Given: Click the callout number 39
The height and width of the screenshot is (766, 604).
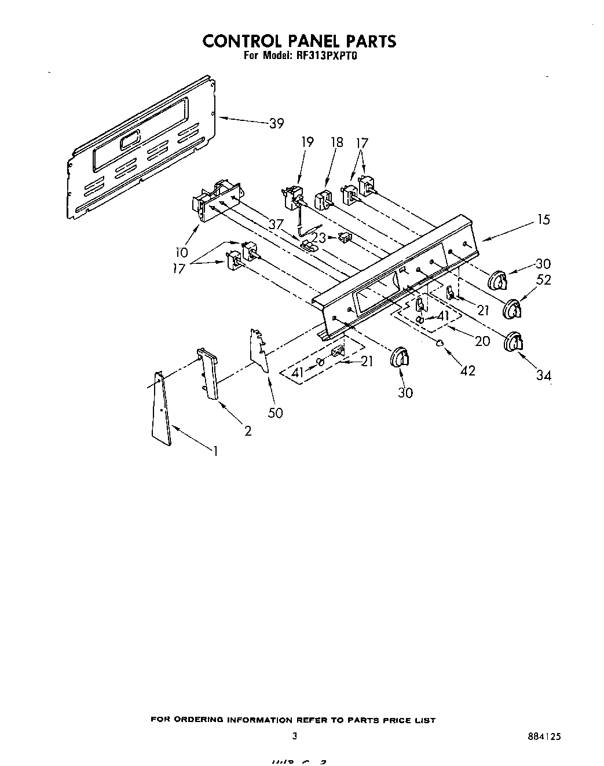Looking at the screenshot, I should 277,123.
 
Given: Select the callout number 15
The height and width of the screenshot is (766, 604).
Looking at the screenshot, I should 543,220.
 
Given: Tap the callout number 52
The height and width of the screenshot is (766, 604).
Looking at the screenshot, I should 543,280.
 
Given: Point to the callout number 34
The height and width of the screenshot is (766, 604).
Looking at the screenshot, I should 543,375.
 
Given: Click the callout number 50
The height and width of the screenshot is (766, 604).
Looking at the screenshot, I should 276,413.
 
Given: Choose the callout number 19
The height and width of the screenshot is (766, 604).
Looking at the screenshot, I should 307,142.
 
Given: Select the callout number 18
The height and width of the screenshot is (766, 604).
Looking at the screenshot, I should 336,142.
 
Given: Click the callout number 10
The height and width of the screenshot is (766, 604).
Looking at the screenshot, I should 182,252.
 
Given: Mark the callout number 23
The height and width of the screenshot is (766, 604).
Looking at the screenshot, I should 319,237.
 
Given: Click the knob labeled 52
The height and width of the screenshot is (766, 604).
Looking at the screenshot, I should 513,310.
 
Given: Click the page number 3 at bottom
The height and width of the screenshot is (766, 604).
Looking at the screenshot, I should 295,736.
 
